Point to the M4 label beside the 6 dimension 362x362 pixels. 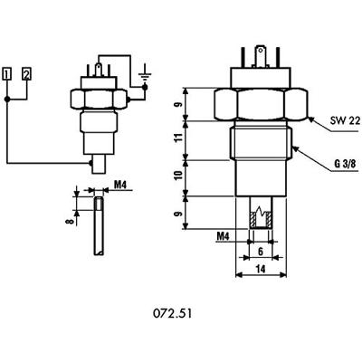(x=224, y=237)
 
